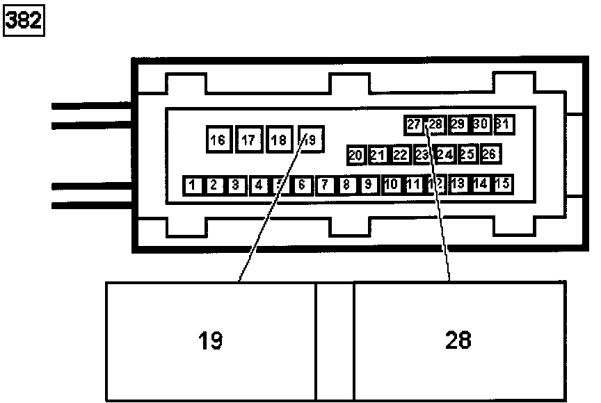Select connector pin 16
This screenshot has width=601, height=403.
coord(218,140)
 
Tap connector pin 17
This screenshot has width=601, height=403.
coord(248,140)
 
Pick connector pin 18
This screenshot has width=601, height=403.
coord(279,140)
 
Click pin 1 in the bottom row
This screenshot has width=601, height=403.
coord(193,185)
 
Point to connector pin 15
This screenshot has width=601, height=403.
coord(502,184)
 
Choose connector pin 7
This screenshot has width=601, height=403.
coord(325,185)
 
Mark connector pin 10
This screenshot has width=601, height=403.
coord(391,184)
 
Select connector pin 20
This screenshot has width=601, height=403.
coord(356,155)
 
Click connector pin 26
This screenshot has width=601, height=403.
coord(489,154)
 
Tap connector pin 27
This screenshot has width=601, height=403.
coord(414,125)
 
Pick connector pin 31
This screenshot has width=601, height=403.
coord(504,124)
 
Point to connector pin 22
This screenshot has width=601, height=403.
coord(400,155)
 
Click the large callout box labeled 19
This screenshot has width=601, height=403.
coord(211,341)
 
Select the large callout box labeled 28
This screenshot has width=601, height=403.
coord(459,341)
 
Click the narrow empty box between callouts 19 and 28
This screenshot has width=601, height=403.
coord(335,341)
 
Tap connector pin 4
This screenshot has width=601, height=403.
coord(259,185)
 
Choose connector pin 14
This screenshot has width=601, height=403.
coord(481,184)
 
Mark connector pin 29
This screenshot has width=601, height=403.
coord(458,124)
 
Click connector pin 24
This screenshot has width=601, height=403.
coord(445,154)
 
